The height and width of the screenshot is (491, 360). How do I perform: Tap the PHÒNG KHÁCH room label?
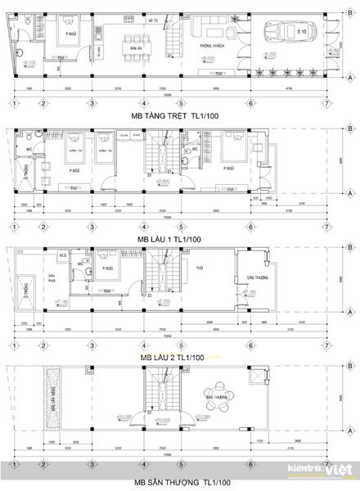tap(213, 48)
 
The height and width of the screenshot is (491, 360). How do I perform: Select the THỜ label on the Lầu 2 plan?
tap(200, 266)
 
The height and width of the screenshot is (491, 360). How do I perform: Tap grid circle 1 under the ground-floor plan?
tap(14, 102)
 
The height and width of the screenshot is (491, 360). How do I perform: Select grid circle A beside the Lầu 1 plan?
tap(349, 196)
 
